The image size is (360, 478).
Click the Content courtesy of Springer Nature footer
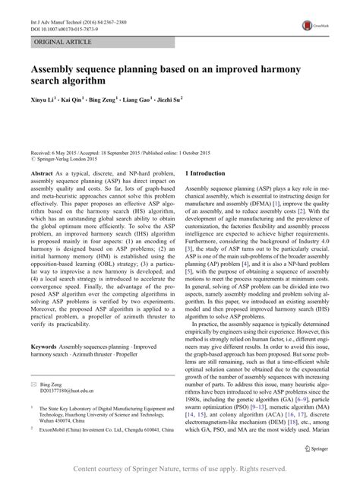(180, 469)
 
